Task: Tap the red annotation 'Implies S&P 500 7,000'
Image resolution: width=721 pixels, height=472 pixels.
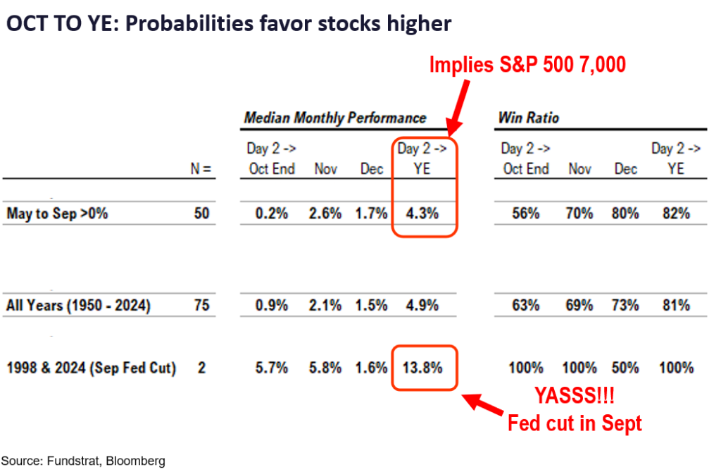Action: [528, 66]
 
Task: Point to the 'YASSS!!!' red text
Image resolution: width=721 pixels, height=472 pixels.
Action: [573, 395]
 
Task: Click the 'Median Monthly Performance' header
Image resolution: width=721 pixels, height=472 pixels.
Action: [335, 118]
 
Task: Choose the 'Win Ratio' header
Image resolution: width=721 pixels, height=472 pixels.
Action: [529, 118]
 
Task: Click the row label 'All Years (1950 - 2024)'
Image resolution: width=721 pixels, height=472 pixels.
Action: [78, 306]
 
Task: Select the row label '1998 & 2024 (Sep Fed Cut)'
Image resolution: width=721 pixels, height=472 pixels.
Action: [91, 367]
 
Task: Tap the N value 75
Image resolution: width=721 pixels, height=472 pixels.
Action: [201, 306]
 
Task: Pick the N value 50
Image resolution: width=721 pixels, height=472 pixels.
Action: [201, 213]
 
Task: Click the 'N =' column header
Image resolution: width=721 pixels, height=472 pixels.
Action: [201, 169]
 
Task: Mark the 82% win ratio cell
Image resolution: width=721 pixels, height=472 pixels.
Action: [675, 213]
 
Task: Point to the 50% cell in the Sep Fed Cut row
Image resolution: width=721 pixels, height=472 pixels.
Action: [625, 367]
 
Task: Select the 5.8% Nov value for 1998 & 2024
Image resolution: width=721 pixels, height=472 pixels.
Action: [325, 367]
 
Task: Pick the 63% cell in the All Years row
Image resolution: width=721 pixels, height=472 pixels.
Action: [525, 306]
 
